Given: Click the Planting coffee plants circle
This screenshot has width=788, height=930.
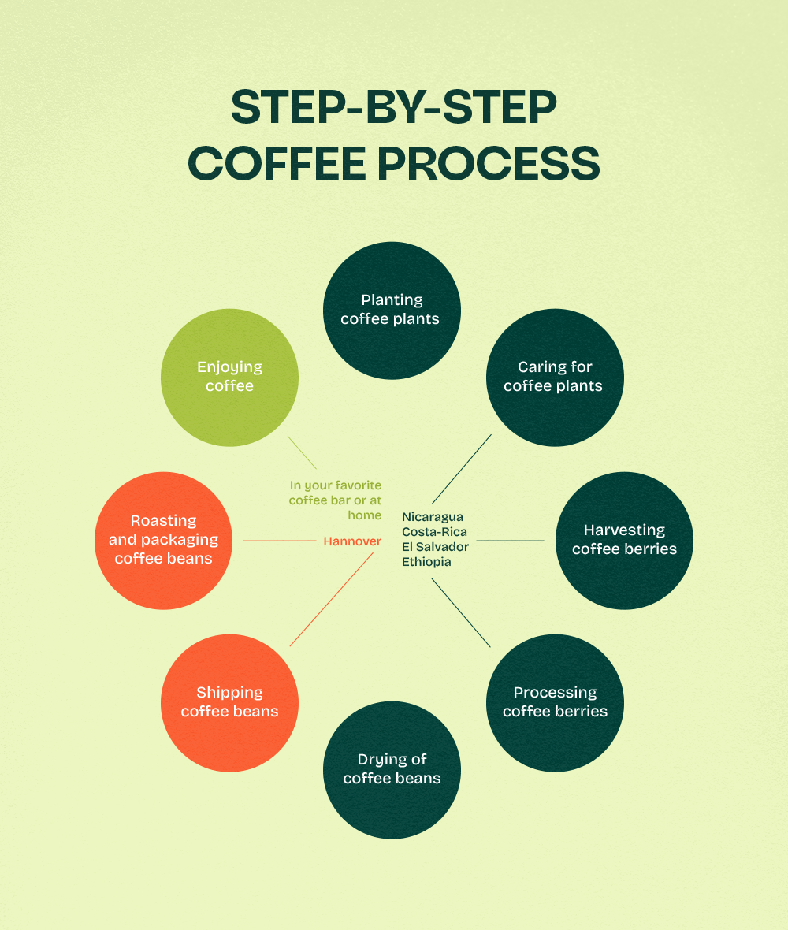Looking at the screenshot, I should click(x=392, y=310).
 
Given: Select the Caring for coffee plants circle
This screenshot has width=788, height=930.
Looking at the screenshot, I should click(x=555, y=377).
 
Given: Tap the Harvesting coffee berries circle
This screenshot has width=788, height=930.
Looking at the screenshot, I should click(x=624, y=540).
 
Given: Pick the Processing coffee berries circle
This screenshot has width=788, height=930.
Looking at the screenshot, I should click(x=555, y=702).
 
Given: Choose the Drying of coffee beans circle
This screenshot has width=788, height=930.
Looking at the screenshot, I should click(x=392, y=769).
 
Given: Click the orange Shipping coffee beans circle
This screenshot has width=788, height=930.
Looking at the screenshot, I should click(x=229, y=702).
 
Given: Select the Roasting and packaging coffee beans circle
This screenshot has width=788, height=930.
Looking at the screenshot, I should click(x=163, y=540).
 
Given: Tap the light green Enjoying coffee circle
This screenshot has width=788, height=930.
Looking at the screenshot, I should click(x=229, y=377).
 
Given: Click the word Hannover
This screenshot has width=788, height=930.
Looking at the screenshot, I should click(x=352, y=541).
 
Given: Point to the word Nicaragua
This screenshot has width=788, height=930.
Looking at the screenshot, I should click(x=433, y=517).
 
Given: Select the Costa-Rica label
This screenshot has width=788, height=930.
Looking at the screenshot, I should click(x=434, y=532).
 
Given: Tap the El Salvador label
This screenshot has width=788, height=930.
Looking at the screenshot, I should click(x=435, y=547).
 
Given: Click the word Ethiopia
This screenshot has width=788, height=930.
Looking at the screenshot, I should click(x=426, y=562).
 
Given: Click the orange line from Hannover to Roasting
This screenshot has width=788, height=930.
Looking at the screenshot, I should click(x=280, y=541).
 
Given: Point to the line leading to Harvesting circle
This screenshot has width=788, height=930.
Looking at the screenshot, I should click(x=510, y=541).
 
